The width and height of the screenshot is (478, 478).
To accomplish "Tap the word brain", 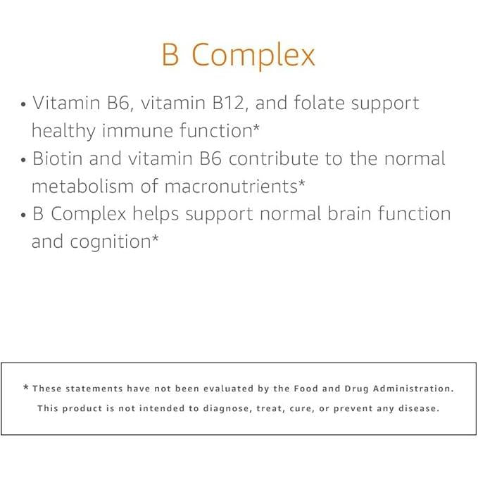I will [346, 214].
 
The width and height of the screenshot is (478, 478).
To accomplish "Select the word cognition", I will [113, 241].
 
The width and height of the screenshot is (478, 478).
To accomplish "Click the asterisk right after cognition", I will [155, 239].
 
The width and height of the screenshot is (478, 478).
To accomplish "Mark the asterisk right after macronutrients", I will [301, 184].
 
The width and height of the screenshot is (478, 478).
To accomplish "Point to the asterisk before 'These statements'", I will [27, 389].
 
